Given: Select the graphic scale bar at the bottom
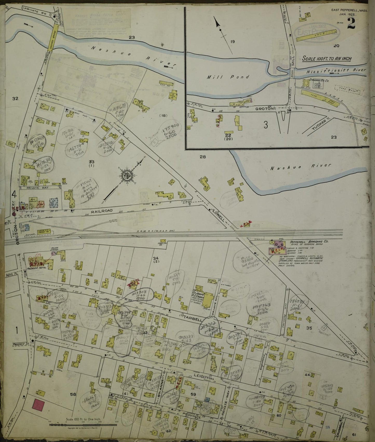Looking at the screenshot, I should (83, 425).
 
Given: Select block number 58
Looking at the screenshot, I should (73, 402).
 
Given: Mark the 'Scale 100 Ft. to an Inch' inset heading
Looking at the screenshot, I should (327, 59).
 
